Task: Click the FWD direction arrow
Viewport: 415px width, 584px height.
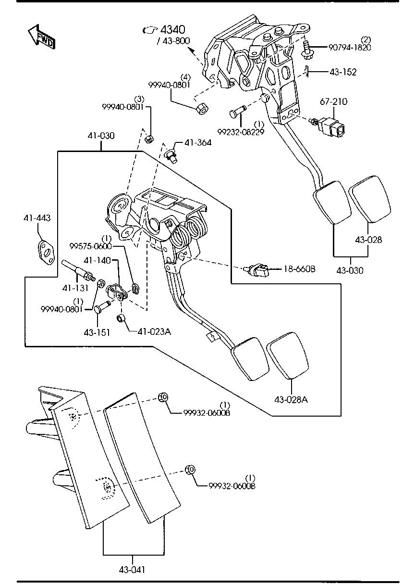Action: coord(42,38)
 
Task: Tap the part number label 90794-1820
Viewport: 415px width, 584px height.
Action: coord(350,47)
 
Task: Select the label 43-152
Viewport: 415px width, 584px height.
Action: coord(343,72)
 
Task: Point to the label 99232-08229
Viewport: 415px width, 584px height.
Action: coord(241,132)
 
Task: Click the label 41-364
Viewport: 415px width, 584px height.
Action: coord(198,142)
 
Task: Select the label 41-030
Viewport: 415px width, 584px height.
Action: coord(101,136)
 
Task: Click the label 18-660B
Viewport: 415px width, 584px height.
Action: coord(299,269)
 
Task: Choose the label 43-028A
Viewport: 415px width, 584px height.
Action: coord(291,399)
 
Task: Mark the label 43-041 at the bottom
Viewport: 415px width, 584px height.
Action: coord(132,570)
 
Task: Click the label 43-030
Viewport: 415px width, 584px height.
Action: coord(350,270)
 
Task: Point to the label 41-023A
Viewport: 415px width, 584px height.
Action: coord(154,331)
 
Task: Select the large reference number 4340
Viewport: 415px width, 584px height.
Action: coord(172,29)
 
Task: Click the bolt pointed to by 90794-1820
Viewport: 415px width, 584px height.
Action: coord(306,49)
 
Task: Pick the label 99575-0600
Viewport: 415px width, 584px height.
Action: coord(90,246)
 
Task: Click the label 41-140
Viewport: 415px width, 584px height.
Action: coord(97,260)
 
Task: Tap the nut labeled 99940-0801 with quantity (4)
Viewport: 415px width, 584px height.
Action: coord(202,108)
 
